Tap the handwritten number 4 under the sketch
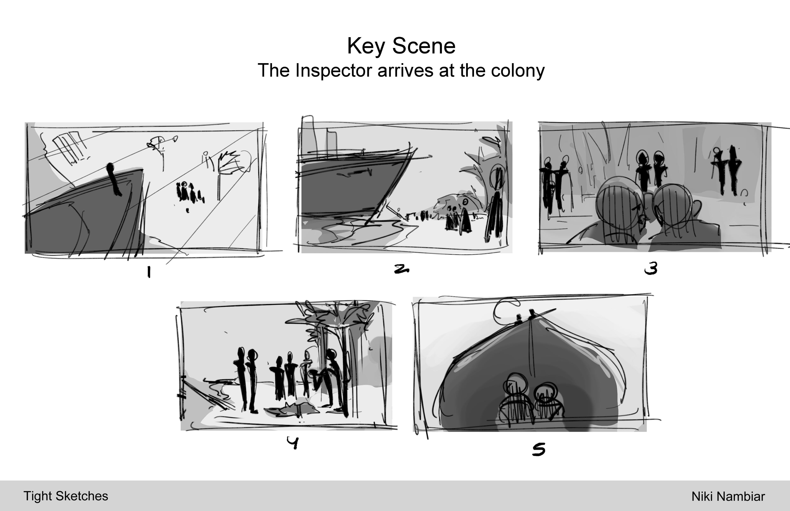(x=293, y=443)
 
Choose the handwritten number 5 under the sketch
(x=539, y=450)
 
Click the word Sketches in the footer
(x=82, y=496)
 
